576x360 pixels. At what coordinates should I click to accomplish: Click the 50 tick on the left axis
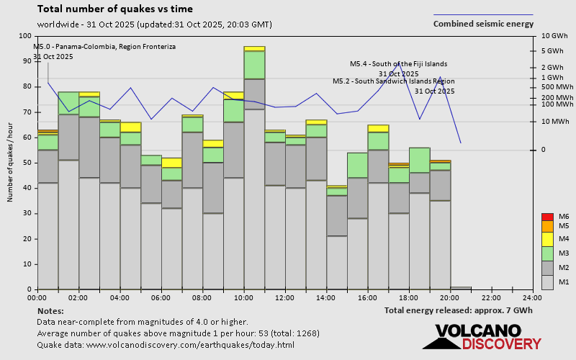click(x=28, y=163)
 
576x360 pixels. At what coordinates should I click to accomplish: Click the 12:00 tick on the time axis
click(x=285, y=297)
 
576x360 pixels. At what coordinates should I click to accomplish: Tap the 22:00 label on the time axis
click(x=492, y=297)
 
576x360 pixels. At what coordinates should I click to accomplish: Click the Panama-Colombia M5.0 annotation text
click(x=104, y=47)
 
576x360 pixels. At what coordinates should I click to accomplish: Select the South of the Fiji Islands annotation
click(x=398, y=63)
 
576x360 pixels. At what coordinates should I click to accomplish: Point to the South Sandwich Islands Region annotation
click(x=393, y=81)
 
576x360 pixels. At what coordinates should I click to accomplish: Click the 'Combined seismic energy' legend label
click(x=483, y=23)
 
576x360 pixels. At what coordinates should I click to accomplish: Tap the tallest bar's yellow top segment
click(x=254, y=49)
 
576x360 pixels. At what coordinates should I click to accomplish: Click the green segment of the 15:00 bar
click(x=358, y=165)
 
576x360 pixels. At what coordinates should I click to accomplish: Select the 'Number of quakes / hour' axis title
click(x=11, y=162)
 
